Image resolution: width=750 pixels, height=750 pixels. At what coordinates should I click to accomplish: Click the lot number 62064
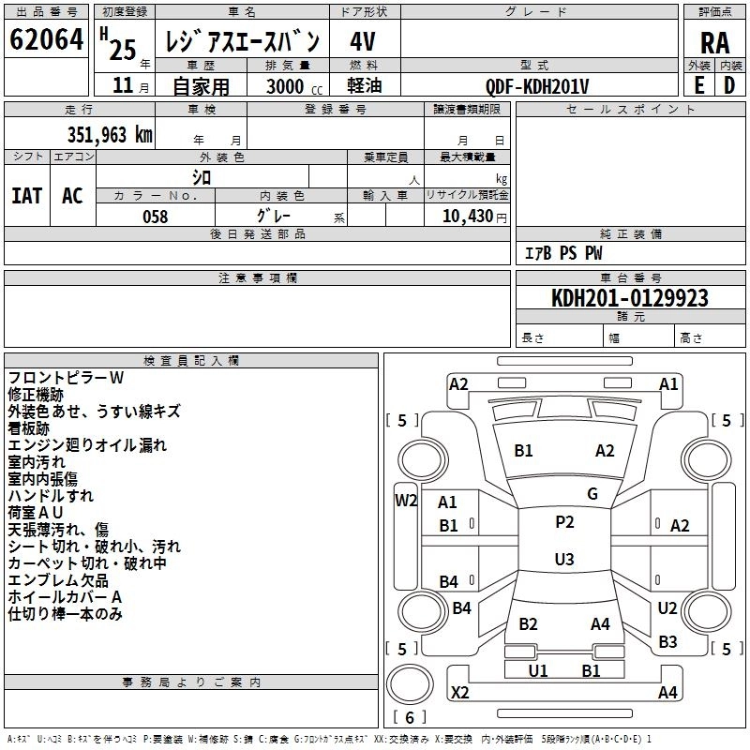[46, 40]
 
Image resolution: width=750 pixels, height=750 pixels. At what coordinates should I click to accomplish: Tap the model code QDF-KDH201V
[537, 86]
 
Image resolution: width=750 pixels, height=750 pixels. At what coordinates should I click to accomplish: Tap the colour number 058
[155, 217]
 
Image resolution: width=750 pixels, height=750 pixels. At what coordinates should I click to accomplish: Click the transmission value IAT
[27, 196]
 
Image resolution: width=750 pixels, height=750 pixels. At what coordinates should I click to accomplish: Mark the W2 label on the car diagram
[405, 500]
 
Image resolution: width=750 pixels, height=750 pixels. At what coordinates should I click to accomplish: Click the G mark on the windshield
[592, 494]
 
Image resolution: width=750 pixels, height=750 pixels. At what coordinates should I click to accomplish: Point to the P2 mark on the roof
[563, 522]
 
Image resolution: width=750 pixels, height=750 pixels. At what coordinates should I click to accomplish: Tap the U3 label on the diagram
[563, 560]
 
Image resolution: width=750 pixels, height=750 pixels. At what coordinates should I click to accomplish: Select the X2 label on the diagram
[459, 693]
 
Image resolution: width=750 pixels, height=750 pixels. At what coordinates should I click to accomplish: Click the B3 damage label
[667, 642]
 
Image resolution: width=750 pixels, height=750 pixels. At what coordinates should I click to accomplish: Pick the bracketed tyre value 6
[410, 718]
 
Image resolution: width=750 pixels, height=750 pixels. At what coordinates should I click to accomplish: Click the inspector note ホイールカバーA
[65, 597]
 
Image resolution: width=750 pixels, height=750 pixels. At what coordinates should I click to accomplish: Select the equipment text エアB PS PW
[562, 253]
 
